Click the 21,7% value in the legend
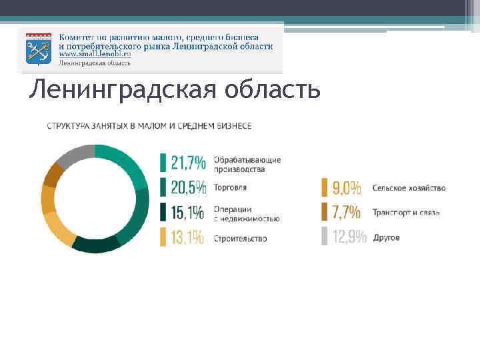[x=188, y=163]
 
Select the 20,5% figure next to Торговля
[x=188, y=187]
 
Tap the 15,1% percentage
[x=187, y=213]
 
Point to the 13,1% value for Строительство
[x=187, y=237]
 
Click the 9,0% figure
[x=347, y=187]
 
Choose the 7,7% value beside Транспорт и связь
[x=347, y=213]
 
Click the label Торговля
[x=230, y=188]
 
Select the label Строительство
[x=240, y=238]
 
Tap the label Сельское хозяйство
[x=409, y=188]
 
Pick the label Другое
[x=386, y=238]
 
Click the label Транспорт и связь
[x=406, y=213]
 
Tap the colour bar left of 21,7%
[x=163, y=163]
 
